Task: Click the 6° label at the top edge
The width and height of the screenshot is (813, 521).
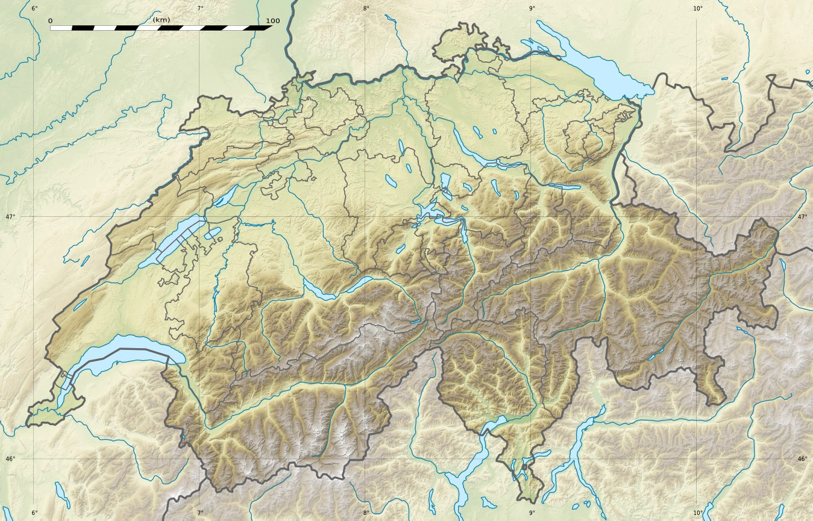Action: point(34,8)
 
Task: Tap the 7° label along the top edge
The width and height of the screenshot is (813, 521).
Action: point(200,8)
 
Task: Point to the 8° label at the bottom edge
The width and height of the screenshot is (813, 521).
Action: point(366,513)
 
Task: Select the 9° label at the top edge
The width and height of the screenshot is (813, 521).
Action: point(532,8)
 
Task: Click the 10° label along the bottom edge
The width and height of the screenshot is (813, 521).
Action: point(698,513)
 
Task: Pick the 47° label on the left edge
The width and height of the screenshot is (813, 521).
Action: point(10,216)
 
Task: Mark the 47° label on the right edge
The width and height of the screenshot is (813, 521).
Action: point(802,216)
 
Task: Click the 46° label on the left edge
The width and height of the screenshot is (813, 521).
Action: point(10,459)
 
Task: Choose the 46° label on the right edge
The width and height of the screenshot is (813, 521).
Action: point(802,459)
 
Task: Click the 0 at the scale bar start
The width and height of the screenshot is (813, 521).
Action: point(50,21)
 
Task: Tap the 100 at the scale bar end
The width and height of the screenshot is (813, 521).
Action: point(272,21)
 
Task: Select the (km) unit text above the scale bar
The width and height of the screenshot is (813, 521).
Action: point(162,20)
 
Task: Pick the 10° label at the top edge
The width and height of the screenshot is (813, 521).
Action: point(698,8)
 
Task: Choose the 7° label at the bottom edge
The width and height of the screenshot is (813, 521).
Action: point(200,513)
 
